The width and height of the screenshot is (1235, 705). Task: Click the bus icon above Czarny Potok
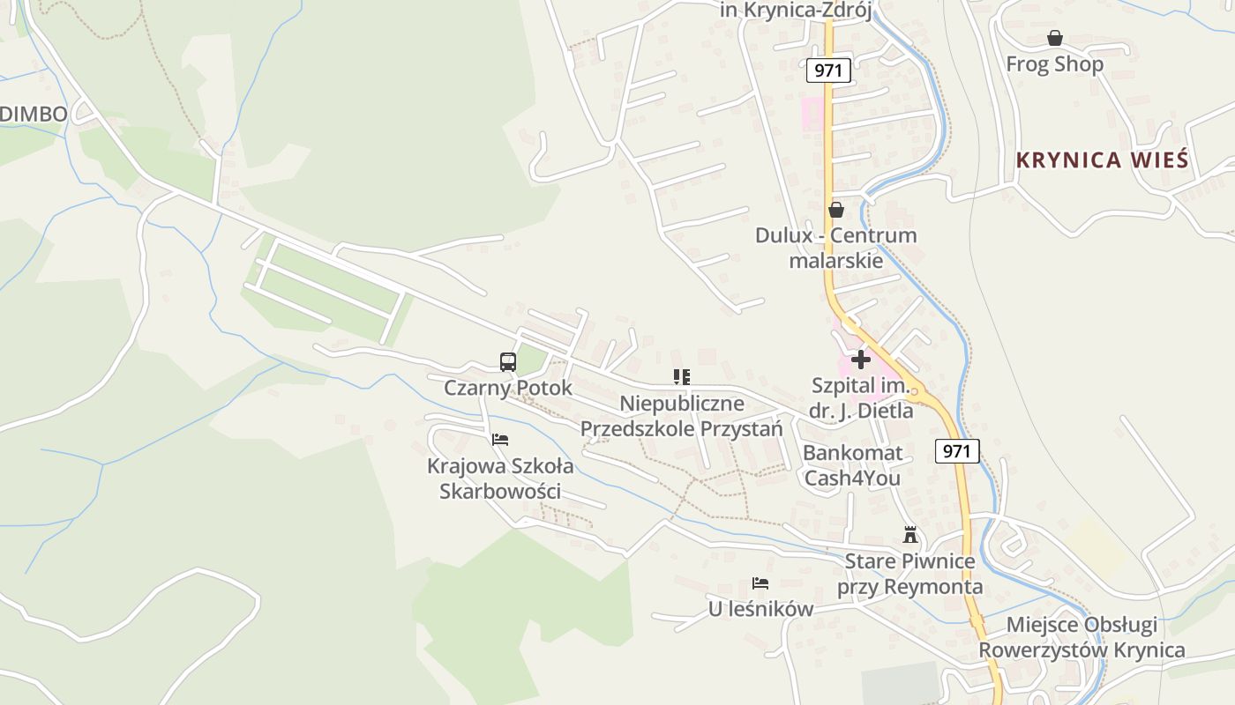[x=508, y=361]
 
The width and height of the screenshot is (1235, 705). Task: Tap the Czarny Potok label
[x=508, y=388]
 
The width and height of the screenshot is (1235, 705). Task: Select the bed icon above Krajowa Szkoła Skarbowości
[x=500, y=439]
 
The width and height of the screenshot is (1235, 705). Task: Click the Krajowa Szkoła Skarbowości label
[x=500, y=478]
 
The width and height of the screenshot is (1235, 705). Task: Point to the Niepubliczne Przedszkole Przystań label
[x=681, y=416]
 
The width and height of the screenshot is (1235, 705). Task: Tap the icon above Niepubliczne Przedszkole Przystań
[x=681, y=377]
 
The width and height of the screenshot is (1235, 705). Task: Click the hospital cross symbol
[x=861, y=360]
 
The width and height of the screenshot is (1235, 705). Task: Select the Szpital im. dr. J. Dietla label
[x=861, y=398]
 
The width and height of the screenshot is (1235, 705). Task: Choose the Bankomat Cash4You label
[x=853, y=465]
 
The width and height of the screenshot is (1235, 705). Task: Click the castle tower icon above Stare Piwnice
[x=910, y=534]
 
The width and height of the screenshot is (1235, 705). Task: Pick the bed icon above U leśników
[x=760, y=583]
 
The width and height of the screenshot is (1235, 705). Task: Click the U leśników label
[x=760, y=609]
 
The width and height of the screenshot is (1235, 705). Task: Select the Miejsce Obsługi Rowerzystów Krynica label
[x=1082, y=637]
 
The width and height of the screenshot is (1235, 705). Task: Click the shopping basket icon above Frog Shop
[x=1054, y=38]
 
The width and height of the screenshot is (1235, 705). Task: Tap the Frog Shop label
[x=1054, y=64]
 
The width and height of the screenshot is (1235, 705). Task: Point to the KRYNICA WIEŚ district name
[x=1103, y=160]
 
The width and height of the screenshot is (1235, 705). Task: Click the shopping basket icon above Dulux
[x=835, y=210]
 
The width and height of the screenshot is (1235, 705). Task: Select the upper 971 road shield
[x=828, y=70]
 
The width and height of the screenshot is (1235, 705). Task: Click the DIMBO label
[x=34, y=114]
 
